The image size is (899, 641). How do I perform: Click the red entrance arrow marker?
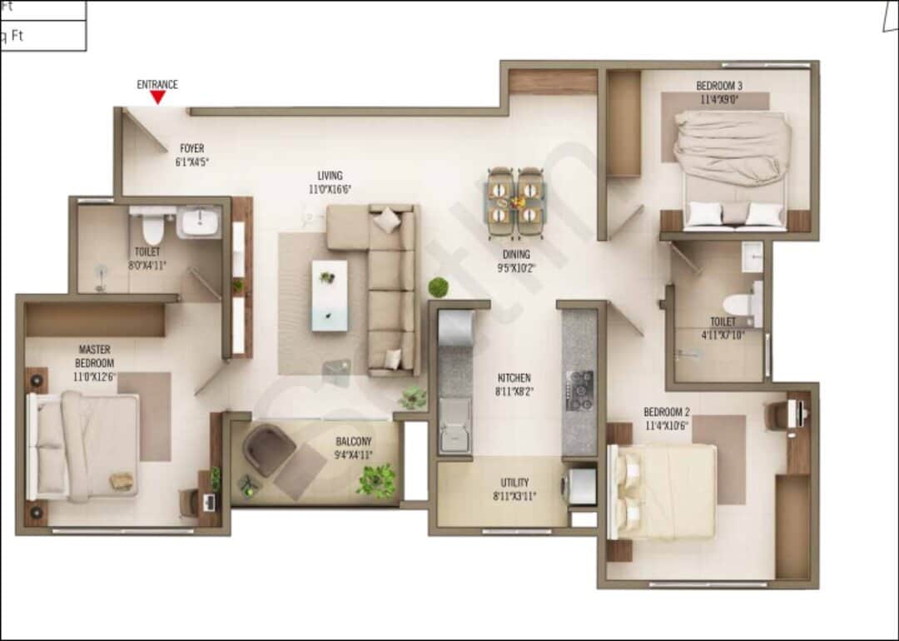pos(157,97)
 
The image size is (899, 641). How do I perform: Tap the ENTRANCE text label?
pos(157,84)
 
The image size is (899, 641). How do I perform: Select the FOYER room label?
pos(191,149)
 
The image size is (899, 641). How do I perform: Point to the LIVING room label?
pos(330,176)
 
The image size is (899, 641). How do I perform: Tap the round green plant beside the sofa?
pos(439,287)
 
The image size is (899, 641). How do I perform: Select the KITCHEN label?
pos(514,377)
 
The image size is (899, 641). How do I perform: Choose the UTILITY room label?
pos(514,483)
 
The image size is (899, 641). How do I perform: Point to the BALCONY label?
pos(354,441)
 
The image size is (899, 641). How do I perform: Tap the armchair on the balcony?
pos(268,450)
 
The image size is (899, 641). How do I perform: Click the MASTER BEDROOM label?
pos(95,356)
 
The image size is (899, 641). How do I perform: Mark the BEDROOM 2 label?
pos(667,412)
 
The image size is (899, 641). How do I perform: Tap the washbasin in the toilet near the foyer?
pos(199,222)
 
